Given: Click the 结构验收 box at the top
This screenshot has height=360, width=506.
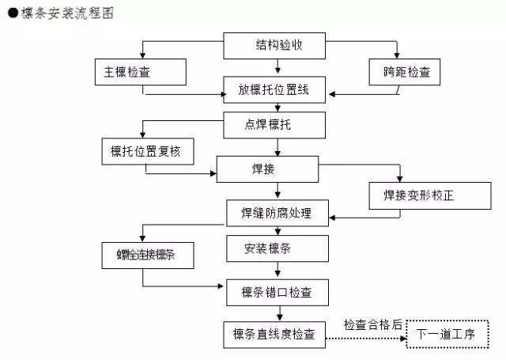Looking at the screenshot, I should pyautogui.click(x=274, y=45).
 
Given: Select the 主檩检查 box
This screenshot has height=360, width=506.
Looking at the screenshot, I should pyautogui.click(x=140, y=72).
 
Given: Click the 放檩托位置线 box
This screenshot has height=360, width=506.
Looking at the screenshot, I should pyautogui.click(x=274, y=91).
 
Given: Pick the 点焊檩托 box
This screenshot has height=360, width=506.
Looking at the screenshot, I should pyautogui.click(x=274, y=123).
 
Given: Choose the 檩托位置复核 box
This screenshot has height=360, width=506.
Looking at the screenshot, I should pyautogui.click(x=147, y=150).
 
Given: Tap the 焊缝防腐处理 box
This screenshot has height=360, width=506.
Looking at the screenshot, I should pyautogui.click(x=274, y=214).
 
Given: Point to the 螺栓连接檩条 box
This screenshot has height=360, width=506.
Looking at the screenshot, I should pyautogui.click(x=147, y=256).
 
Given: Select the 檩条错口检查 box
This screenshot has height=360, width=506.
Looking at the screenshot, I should pyautogui.click(x=274, y=293).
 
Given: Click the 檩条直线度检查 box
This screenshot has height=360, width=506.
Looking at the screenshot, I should pyautogui.click(x=274, y=335).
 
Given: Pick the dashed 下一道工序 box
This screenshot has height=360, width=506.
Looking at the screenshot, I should pyautogui.click(x=446, y=335).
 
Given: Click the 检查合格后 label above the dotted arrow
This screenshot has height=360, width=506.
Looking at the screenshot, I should pyautogui.click(x=372, y=324).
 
